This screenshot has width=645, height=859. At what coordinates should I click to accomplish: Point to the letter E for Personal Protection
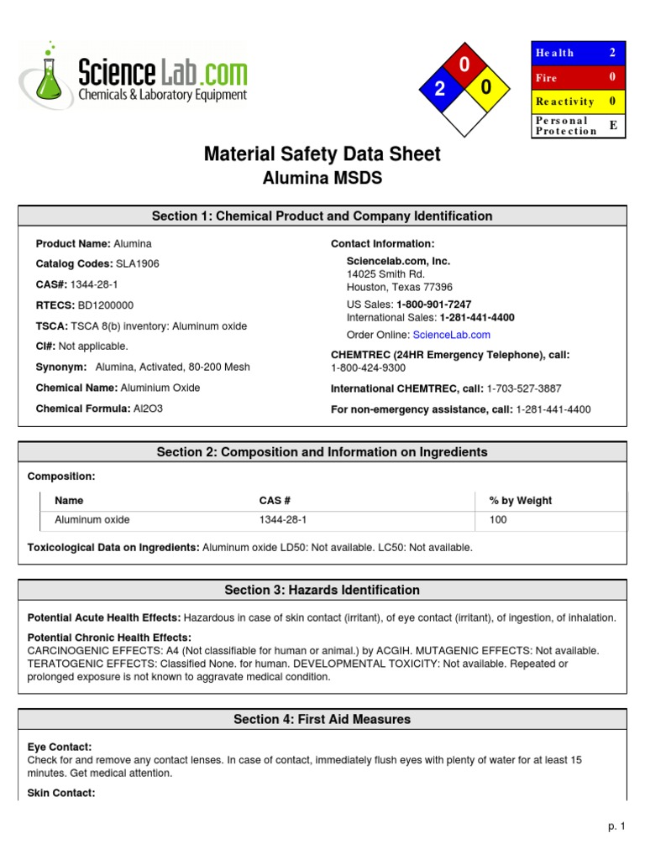pos(612,125)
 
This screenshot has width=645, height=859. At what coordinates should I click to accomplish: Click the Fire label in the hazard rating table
pos(547,77)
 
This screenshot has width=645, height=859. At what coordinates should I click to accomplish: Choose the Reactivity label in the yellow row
pos(564,102)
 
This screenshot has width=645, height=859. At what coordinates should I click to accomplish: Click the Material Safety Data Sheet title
pos(322,154)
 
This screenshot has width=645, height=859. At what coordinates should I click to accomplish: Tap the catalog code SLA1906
pos(136,263)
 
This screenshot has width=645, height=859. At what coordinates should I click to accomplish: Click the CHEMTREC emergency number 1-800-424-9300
pos(368,367)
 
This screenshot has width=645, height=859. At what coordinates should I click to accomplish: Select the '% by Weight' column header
pos(520,501)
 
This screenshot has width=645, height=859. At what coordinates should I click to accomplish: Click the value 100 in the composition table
pos(498,520)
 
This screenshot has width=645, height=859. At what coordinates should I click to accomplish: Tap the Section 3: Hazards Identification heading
pos(322,590)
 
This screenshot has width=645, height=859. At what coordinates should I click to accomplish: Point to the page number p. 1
pos(617,826)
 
